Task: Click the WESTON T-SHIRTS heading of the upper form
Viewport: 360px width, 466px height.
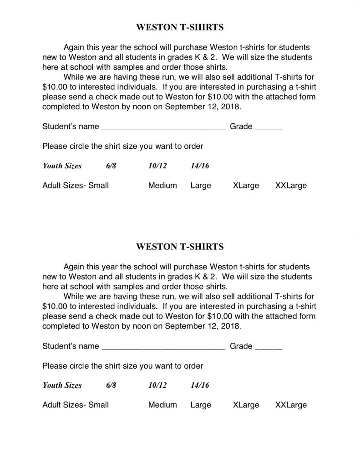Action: (x=180, y=28)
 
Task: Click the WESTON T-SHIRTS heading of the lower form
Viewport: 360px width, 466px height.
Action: (x=180, y=247)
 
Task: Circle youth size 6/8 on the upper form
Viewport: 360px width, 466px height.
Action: (x=111, y=166)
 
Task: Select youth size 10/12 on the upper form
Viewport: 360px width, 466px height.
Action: (x=157, y=166)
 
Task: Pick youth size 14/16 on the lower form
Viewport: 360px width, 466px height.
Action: (x=200, y=385)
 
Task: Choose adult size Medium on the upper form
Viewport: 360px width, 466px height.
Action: (x=162, y=185)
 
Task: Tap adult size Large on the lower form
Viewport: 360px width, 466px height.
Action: (x=201, y=405)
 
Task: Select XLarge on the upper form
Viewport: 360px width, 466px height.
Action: (x=246, y=185)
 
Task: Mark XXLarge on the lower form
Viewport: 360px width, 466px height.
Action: (x=291, y=405)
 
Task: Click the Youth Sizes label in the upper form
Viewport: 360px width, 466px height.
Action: (x=62, y=166)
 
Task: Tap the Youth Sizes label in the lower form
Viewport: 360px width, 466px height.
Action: (x=62, y=385)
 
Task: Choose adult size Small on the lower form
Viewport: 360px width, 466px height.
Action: (x=98, y=405)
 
